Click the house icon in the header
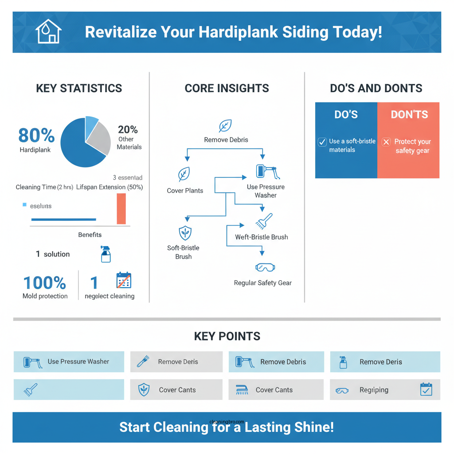(x=48, y=32)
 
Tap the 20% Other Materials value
(x=128, y=130)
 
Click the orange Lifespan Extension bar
(x=121, y=208)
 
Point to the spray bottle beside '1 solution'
(x=106, y=254)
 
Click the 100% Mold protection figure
(x=44, y=283)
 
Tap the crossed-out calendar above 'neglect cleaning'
(x=124, y=281)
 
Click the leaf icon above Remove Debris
(x=226, y=126)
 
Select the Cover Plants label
(x=185, y=191)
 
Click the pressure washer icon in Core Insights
(x=267, y=172)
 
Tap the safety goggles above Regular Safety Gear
(x=265, y=267)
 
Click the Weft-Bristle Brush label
(x=261, y=237)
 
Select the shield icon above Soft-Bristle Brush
(x=184, y=233)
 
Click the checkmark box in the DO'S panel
(x=322, y=142)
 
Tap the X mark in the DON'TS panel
(x=386, y=142)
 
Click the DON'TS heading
(x=409, y=115)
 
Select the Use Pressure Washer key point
(x=69, y=361)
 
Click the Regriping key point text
(x=373, y=390)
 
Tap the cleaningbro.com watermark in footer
(x=227, y=422)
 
